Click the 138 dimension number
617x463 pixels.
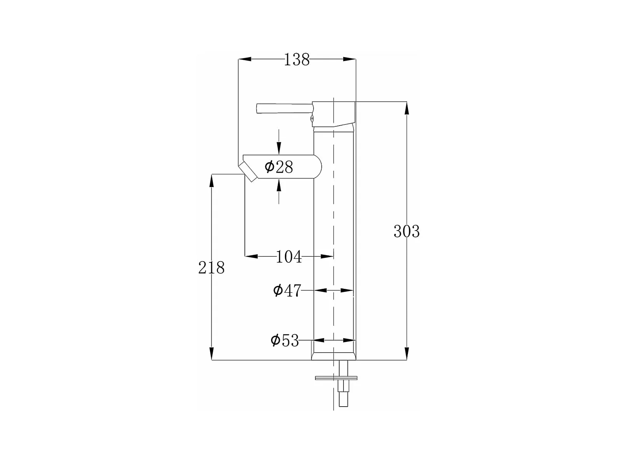pyautogui.click(x=296, y=59)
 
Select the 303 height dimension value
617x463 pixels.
pyautogui.click(x=406, y=231)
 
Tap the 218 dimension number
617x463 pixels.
pyautogui.click(x=211, y=267)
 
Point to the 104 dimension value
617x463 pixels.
pyautogui.click(x=289, y=257)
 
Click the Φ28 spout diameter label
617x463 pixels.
pyautogui.click(x=279, y=167)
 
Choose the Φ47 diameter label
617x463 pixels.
pyautogui.click(x=287, y=290)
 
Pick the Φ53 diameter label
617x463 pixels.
pyautogui.click(x=285, y=341)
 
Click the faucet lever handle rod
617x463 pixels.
pyautogui.click(x=284, y=108)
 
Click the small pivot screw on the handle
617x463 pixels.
pyautogui.click(x=312, y=119)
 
